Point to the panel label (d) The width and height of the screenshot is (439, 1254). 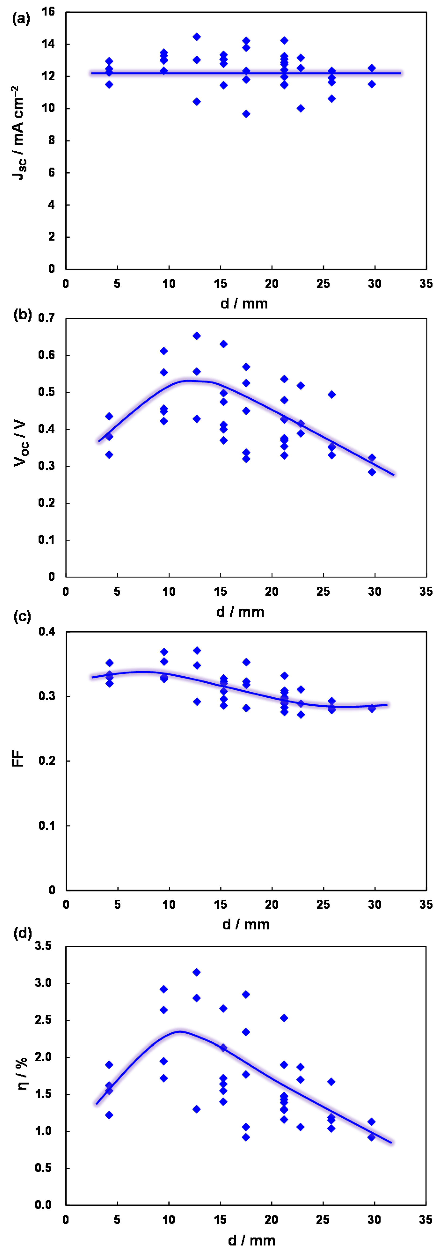click(x=22, y=933)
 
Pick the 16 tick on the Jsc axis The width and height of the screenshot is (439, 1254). click(x=48, y=12)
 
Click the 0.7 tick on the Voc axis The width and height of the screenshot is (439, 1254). click(x=47, y=318)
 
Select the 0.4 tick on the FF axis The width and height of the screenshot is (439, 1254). click(x=47, y=632)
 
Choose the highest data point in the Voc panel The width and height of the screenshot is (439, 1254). click(x=197, y=336)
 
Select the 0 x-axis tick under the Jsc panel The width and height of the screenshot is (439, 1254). click(x=66, y=284)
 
